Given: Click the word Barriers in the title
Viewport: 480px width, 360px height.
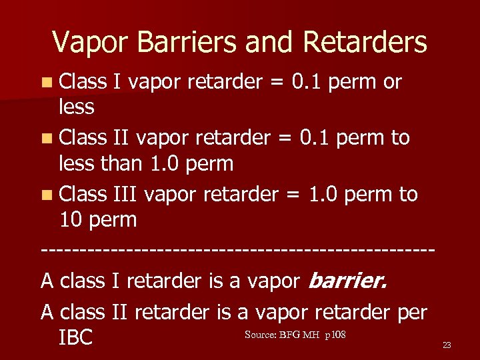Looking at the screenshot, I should tap(189, 42).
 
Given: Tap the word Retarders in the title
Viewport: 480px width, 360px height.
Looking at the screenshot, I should tap(365, 42).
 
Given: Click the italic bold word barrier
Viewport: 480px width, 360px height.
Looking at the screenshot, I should tap(347, 281).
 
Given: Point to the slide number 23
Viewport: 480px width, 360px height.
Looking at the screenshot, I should tap(447, 345).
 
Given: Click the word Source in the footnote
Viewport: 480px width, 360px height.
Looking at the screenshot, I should tap(260, 334).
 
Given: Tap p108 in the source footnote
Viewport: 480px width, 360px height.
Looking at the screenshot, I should tap(335, 334).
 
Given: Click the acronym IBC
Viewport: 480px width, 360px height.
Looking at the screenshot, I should tap(75, 337).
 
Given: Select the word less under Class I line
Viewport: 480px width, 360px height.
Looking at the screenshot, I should tap(77, 107).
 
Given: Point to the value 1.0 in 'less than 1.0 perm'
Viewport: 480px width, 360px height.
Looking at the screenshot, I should tap(165, 163).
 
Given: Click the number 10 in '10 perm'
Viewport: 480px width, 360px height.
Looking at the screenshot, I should tap(72, 219).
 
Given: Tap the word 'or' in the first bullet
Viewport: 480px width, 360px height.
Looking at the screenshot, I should tap(392, 82).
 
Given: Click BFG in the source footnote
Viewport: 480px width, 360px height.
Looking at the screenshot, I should tap(290, 334).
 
